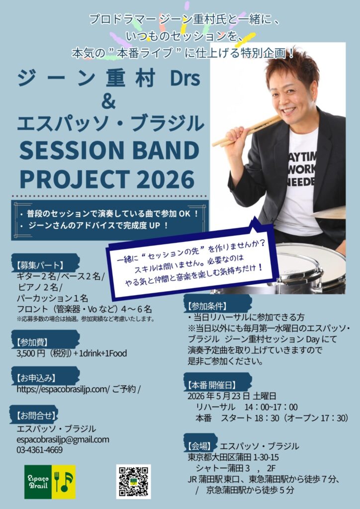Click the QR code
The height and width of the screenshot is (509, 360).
pyautogui.click(x=133, y=481)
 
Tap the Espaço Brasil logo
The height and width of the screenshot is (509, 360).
pyautogui.click(x=50, y=482)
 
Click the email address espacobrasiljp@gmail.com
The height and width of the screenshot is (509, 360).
pyautogui.click(x=63, y=439)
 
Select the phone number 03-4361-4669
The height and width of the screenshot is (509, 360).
pyautogui.click(x=40, y=450)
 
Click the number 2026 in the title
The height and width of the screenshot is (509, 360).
pyautogui.click(x=167, y=179)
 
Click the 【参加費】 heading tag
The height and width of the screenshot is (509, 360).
pyautogui.click(x=32, y=342)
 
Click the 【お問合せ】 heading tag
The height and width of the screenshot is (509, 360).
pyautogui.click(x=36, y=415)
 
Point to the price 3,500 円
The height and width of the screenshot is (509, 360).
pyautogui.click(x=31, y=353)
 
